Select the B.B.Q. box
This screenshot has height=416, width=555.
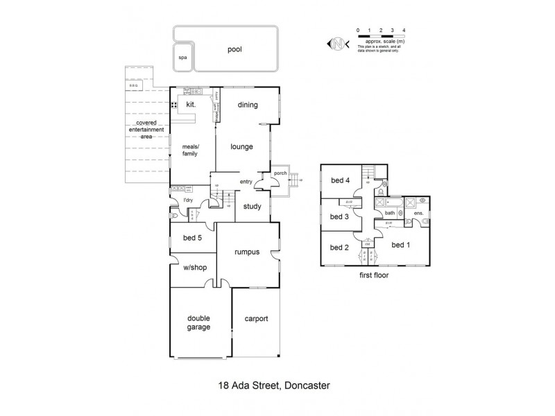(134, 85)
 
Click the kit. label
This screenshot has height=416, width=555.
(192, 104)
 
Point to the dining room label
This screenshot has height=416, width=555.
(248, 105)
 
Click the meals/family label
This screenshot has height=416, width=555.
(190, 150)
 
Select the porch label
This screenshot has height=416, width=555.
(280, 173)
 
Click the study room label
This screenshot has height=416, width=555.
(252, 205)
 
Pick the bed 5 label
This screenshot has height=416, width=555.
(193, 239)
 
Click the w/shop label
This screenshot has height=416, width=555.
(194, 270)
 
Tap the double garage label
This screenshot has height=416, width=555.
(198, 322)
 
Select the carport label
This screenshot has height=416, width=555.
(256, 319)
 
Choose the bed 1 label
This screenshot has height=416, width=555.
(401, 245)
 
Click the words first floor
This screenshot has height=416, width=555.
(373, 275)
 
